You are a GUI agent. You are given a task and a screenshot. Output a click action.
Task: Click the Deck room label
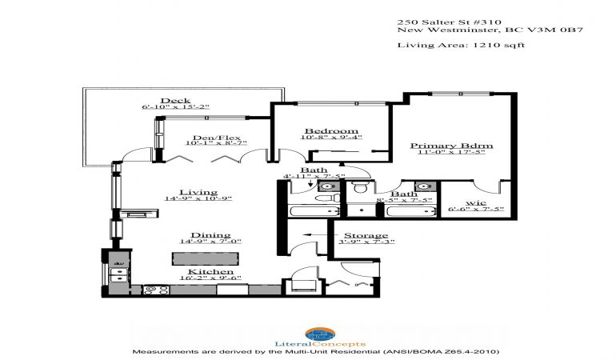point(175,101)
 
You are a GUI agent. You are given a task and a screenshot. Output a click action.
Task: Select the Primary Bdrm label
point(451,146)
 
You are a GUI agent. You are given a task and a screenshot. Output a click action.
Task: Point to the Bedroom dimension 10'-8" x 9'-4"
point(331,137)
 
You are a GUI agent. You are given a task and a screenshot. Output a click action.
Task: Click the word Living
point(198,192)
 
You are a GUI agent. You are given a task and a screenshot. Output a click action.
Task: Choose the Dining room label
point(210,235)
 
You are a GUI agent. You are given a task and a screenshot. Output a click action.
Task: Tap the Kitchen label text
point(210,271)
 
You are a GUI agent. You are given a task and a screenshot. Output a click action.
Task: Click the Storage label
point(366,235)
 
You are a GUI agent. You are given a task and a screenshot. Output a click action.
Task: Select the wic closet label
point(476,202)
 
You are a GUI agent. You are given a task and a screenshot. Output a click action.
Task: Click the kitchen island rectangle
point(205,258)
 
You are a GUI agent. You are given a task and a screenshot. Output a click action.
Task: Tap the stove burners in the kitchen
point(156,290)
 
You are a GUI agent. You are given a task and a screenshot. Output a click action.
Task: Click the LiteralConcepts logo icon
point(320,334)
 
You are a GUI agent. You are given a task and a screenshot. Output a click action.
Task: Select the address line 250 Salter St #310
point(449,22)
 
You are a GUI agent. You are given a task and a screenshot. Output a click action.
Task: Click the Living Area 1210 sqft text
point(461,45)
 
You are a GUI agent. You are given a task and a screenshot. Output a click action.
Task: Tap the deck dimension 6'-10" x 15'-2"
point(175,107)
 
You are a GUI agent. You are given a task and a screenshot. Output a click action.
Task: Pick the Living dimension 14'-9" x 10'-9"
point(198,198)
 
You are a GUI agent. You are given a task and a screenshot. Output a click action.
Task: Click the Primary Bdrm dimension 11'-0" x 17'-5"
point(451,152)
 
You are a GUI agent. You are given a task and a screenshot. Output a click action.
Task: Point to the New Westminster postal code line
point(490,30)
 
